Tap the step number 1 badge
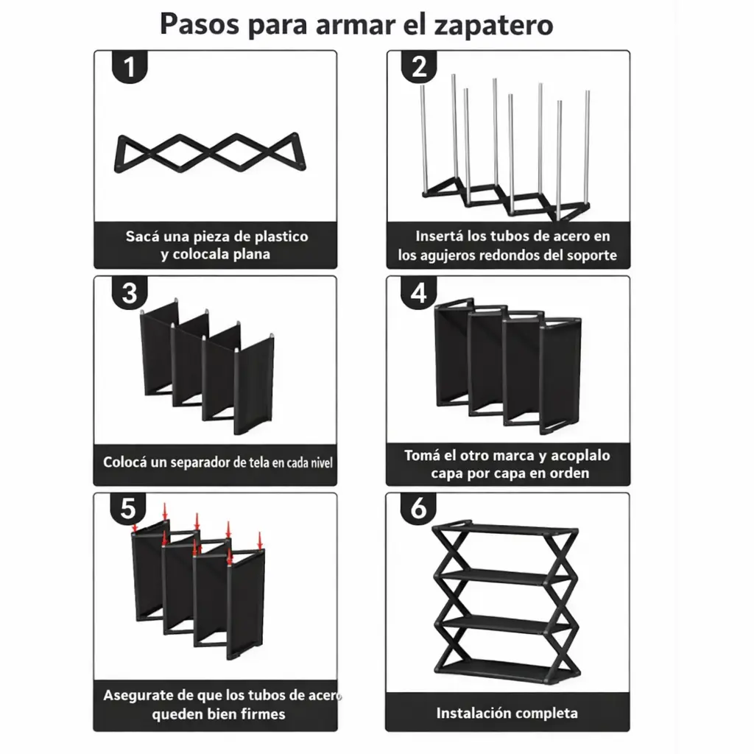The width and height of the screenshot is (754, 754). (129, 67)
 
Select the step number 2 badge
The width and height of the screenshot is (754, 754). (419, 67)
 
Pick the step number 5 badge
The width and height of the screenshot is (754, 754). (128, 509)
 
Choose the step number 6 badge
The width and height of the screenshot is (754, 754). (418, 509)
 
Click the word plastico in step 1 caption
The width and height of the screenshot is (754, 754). (281, 236)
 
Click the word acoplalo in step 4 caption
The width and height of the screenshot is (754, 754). (580, 455)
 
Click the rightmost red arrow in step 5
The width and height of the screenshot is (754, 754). (260, 541)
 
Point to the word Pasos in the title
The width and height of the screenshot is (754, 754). (200, 24)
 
